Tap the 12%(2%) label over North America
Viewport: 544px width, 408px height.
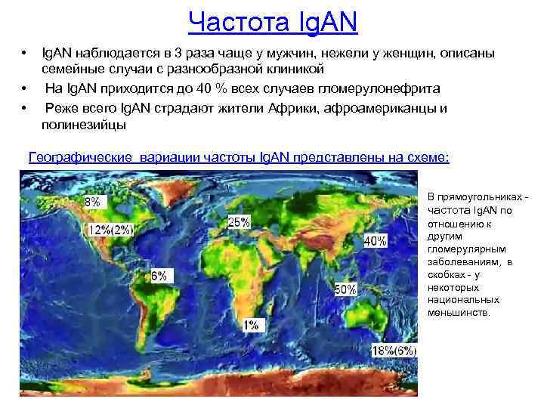112,230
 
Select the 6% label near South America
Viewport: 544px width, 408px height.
159,276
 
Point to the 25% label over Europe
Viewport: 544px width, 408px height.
239,222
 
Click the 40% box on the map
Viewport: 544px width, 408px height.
375,241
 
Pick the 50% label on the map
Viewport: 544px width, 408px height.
345,289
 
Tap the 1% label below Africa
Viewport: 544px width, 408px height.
251,325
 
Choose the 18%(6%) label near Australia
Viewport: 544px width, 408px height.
394,351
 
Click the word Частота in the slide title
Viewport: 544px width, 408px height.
231,22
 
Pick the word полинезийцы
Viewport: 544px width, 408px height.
85,125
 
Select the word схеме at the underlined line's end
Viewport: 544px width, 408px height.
429,157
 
